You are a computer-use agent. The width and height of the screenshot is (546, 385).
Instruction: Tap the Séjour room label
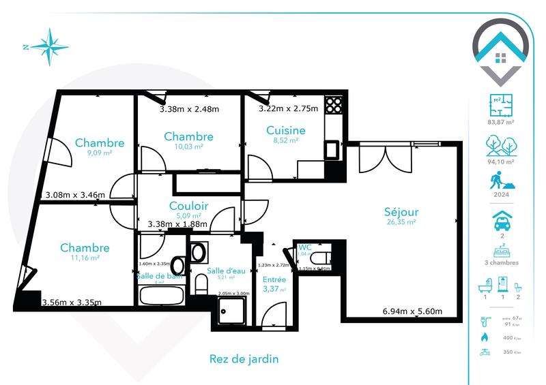(x=401, y=212)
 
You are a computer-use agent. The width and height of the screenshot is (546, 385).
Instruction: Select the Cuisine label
(x=285, y=130)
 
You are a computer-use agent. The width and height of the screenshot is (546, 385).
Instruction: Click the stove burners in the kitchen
(x=333, y=104)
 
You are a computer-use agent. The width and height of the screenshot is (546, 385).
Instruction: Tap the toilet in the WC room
(x=318, y=259)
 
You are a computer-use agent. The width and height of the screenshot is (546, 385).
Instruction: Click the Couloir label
(x=189, y=206)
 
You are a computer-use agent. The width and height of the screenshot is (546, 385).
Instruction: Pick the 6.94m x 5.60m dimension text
(x=412, y=311)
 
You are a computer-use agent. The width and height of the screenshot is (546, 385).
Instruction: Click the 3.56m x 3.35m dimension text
(x=72, y=303)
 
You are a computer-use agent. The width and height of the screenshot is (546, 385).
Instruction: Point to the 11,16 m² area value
(x=85, y=258)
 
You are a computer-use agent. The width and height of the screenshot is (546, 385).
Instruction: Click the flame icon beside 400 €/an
(x=485, y=337)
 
